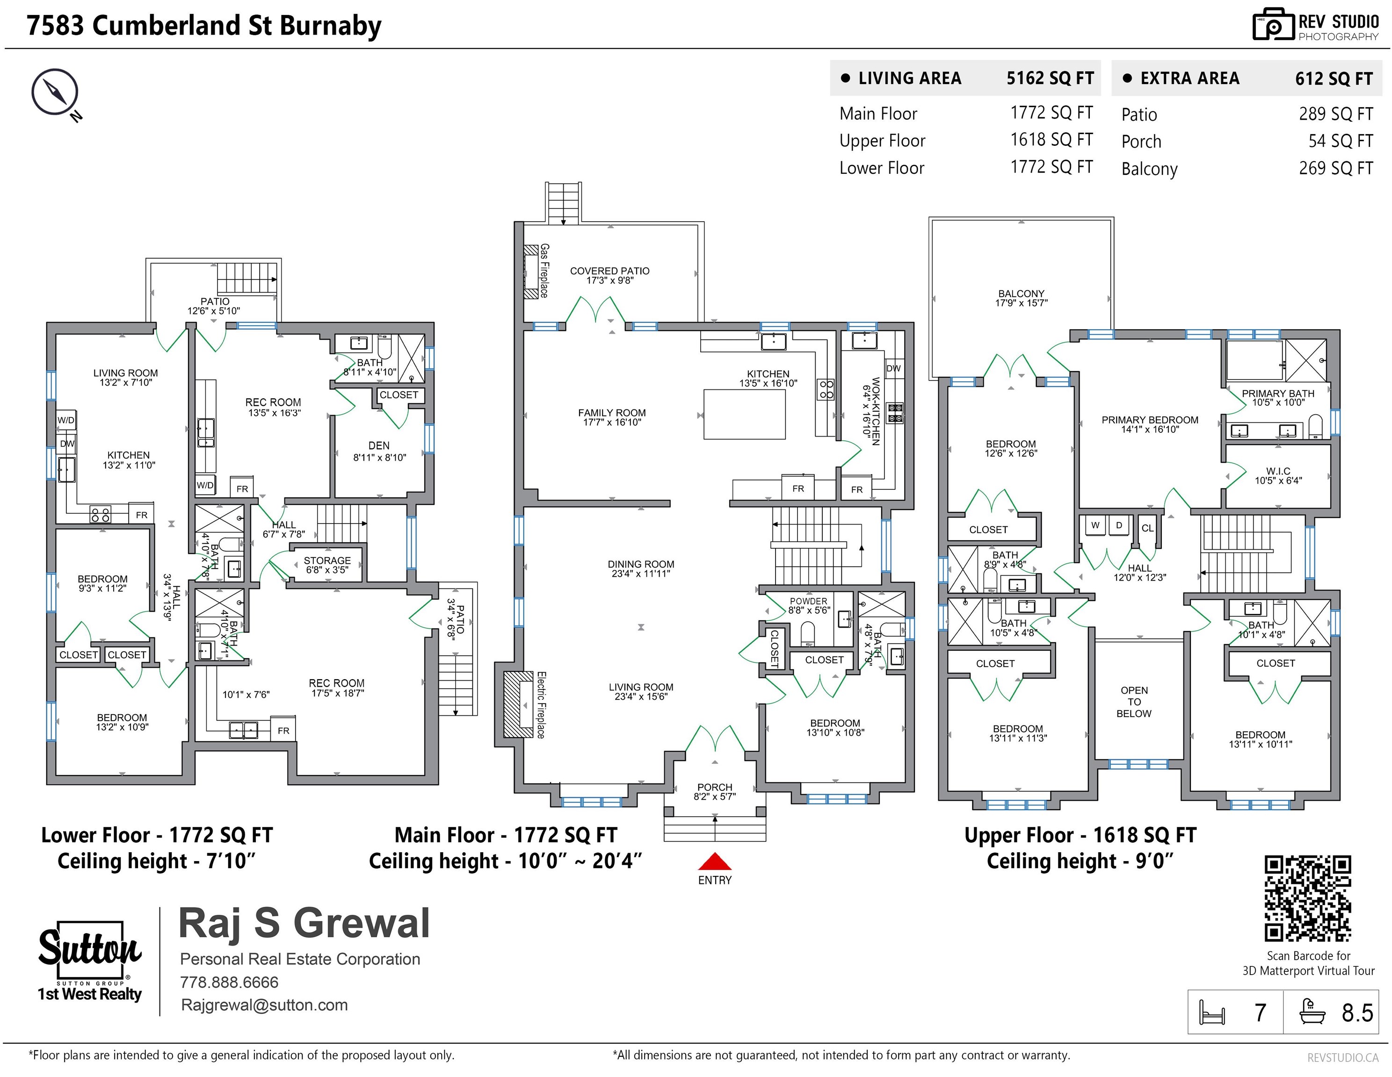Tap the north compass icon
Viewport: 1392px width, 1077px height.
pyautogui.click(x=56, y=93)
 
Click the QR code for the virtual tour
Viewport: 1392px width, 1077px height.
pyautogui.click(x=1308, y=898)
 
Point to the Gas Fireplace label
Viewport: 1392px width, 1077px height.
pyautogui.click(x=544, y=270)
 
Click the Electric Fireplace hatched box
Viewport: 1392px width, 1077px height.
pyautogui.click(x=519, y=704)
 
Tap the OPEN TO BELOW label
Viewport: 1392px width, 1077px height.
pyautogui.click(x=1134, y=702)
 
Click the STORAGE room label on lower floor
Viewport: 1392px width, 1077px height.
pyautogui.click(x=327, y=565)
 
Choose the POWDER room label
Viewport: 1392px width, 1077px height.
pyautogui.click(x=809, y=606)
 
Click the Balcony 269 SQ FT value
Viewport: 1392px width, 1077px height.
pyautogui.click(x=1336, y=168)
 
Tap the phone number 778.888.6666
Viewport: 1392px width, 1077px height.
pyautogui.click(x=230, y=982)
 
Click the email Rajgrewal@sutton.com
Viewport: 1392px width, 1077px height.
pyautogui.click(x=264, y=1005)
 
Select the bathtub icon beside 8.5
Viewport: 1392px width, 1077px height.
pyautogui.click(x=1313, y=1012)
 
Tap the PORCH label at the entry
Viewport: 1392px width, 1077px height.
pyautogui.click(x=715, y=792)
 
